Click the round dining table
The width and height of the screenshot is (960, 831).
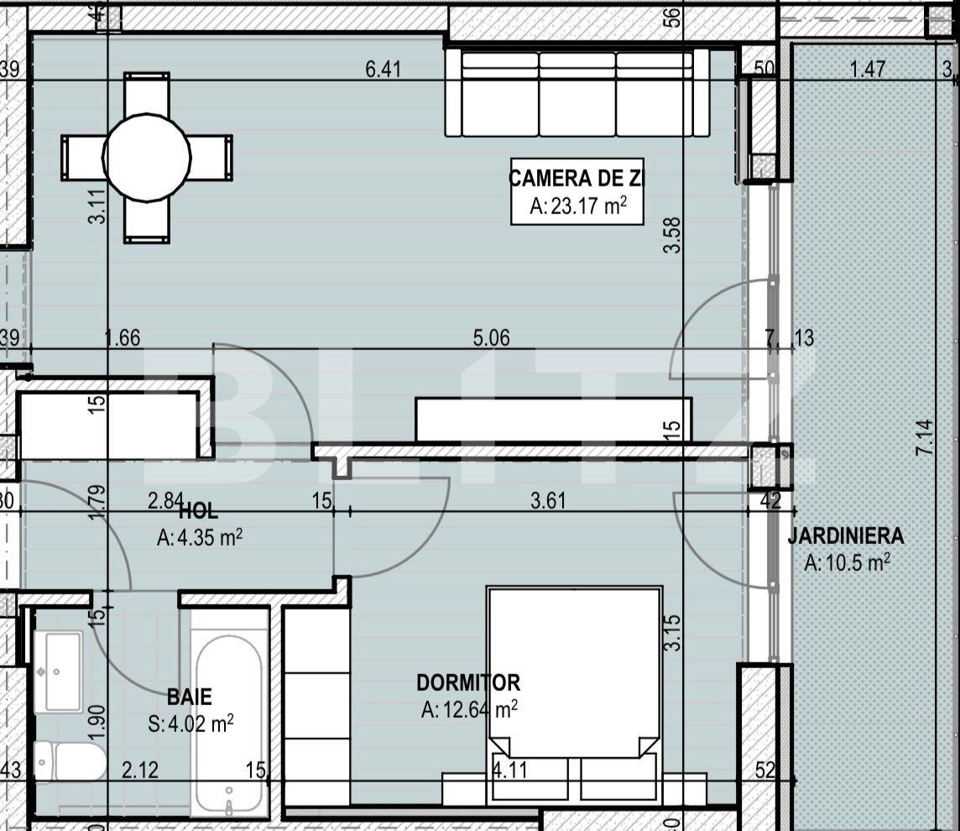(x=147, y=156)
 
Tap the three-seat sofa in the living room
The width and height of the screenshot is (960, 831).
(x=577, y=93)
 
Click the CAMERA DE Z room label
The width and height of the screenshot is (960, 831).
(x=577, y=178)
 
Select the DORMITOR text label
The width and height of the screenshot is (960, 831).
(x=468, y=683)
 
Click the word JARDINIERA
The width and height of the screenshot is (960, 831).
(x=846, y=536)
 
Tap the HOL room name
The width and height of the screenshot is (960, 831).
(x=199, y=510)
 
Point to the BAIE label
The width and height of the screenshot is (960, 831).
(x=189, y=697)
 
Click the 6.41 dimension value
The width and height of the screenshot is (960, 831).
(x=383, y=69)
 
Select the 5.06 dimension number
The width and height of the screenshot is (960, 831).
(x=491, y=338)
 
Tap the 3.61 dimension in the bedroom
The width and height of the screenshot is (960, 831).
(x=548, y=501)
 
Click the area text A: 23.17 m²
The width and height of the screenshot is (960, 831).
(x=577, y=206)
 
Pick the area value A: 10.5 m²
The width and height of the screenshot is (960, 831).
(x=846, y=563)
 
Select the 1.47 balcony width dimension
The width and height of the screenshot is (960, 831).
(x=867, y=69)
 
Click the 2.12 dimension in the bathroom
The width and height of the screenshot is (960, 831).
(x=139, y=770)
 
